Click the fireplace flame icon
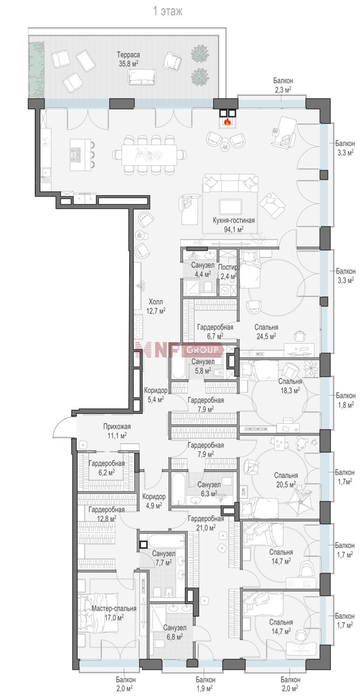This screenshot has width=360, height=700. click(x=227, y=121)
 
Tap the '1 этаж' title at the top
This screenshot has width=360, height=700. click(x=167, y=12)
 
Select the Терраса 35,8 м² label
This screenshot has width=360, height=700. click(x=128, y=59)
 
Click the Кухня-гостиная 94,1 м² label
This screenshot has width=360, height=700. click(x=233, y=224)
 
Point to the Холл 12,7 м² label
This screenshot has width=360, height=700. click(x=156, y=306)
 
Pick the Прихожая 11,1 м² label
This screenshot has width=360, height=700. click(x=117, y=431)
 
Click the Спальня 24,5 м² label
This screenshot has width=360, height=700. click(x=266, y=331)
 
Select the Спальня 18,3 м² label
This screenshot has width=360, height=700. click(x=290, y=385)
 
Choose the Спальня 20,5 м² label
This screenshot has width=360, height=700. click(x=286, y=480)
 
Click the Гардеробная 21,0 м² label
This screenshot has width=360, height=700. click(x=205, y=523)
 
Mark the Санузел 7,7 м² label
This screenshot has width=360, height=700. click(x=163, y=558)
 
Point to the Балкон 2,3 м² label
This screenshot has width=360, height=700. click(x=283, y=85)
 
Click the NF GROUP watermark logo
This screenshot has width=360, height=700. click(x=179, y=350)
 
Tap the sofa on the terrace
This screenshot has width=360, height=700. click(x=141, y=77)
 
